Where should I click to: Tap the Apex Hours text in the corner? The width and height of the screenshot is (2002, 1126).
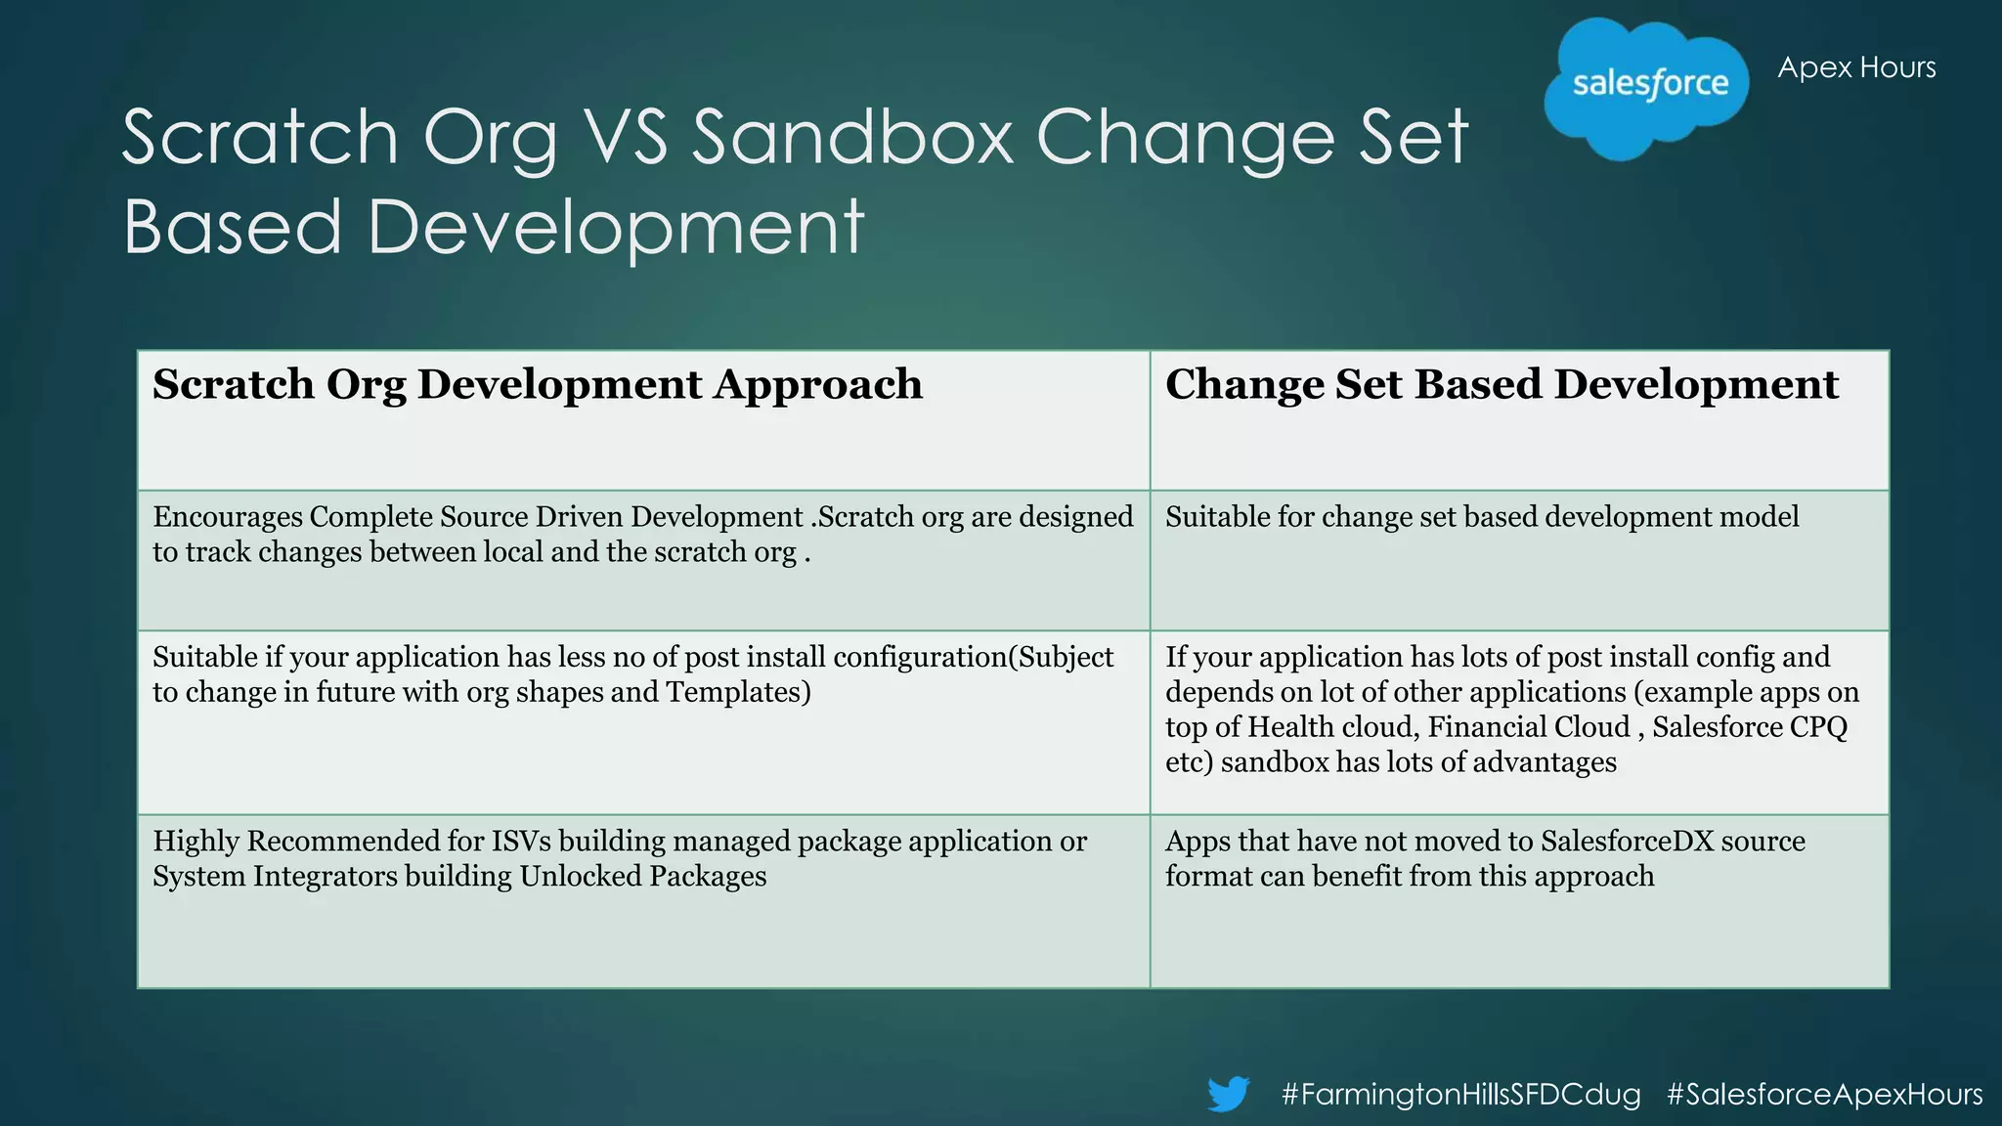click(1855, 67)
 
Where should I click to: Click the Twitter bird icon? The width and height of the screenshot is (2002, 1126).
click(1228, 1093)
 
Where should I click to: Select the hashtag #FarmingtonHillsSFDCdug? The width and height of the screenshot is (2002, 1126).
click(1460, 1094)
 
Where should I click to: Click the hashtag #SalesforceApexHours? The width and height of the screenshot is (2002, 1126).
click(1824, 1094)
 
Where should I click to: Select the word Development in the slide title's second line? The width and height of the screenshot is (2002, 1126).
click(616, 227)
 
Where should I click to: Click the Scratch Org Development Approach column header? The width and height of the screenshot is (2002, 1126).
click(537, 384)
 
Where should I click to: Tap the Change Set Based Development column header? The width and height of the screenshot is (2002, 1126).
click(1501, 384)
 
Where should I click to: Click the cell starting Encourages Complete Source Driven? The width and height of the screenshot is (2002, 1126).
click(642, 535)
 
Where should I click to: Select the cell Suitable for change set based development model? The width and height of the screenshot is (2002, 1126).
click(1481, 517)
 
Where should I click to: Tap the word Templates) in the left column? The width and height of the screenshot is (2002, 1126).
click(738, 692)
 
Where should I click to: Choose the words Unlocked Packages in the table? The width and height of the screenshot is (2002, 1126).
click(642, 877)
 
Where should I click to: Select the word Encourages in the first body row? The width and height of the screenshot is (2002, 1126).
click(227, 517)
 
